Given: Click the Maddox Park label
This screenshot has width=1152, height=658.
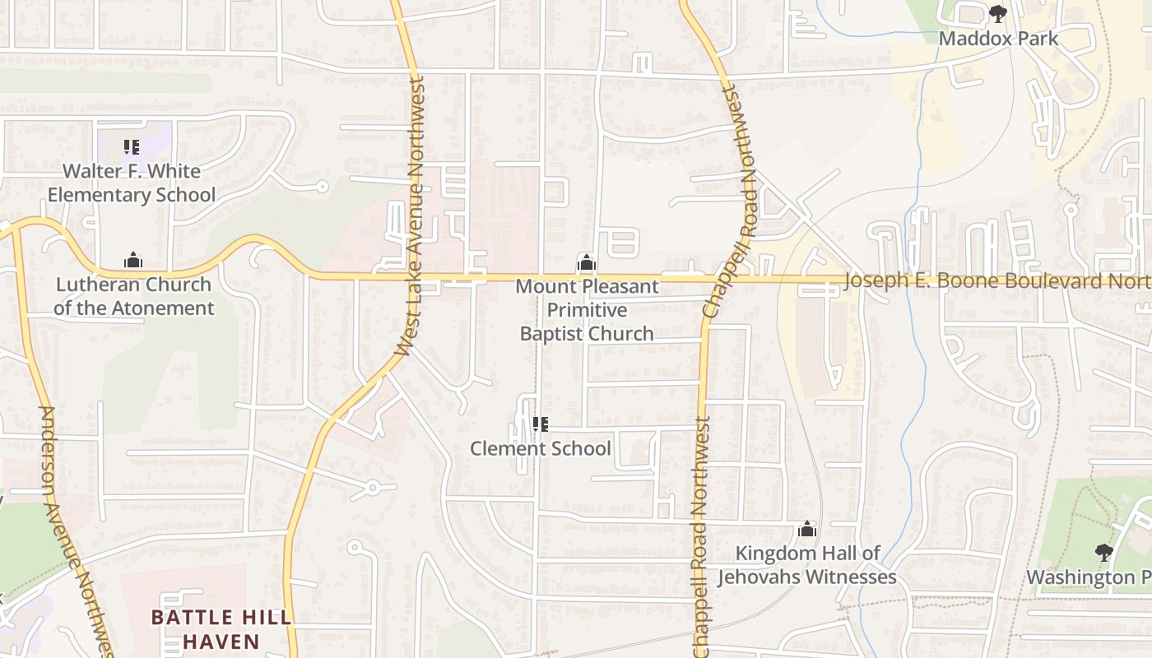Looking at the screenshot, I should [998, 38].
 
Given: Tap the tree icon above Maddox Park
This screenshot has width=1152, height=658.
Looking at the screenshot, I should [998, 14].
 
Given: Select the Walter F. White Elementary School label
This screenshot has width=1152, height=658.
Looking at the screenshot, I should [132, 183].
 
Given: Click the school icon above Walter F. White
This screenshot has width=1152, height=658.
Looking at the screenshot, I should [132, 147].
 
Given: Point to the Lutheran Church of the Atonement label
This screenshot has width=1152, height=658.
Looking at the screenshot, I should [133, 296].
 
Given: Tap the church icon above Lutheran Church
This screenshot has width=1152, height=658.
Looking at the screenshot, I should [133, 261].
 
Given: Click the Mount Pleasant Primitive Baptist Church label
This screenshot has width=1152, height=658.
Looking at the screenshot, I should [588, 310].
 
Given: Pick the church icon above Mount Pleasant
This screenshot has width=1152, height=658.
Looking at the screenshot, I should [586, 263].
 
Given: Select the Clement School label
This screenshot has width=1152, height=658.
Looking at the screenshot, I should [540, 448].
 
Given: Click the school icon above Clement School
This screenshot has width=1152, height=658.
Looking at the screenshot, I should [541, 424].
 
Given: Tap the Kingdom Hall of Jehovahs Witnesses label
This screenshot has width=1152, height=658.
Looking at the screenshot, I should [806, 565].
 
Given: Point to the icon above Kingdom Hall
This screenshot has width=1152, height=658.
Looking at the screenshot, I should [807, 529].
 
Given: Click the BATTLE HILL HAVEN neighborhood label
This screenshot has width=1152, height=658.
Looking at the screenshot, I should [221, 629].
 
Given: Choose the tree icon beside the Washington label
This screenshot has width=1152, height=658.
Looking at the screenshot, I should [1103, 553].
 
